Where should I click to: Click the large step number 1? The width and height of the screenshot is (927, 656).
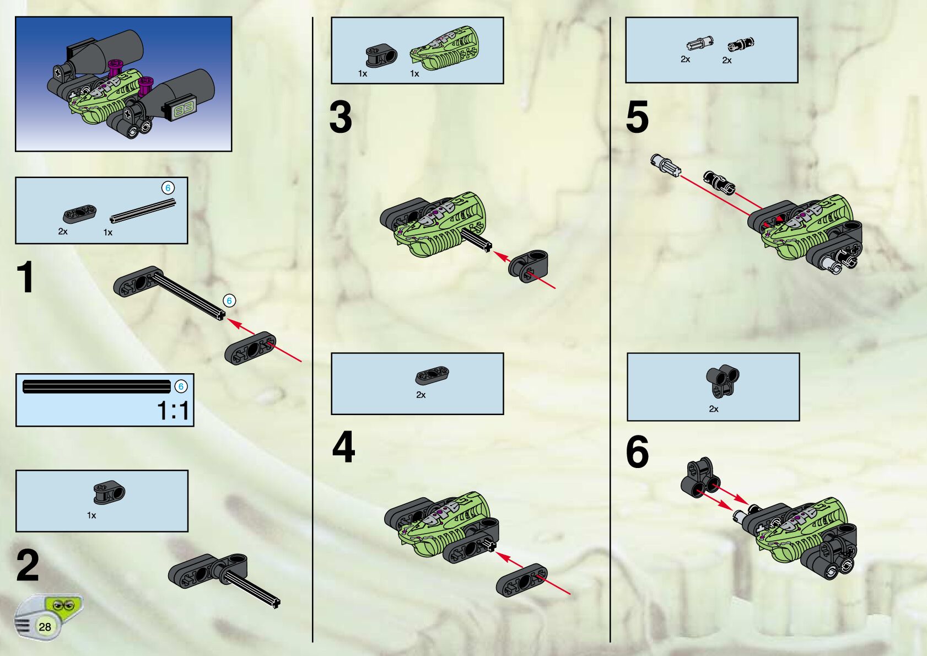(26, 277)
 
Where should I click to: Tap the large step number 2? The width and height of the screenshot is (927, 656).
(28, 565)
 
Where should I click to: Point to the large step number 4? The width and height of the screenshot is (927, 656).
(343, 447)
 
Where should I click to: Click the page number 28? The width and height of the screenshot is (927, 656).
(45, 627)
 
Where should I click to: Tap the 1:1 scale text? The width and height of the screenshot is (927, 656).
(173, 411)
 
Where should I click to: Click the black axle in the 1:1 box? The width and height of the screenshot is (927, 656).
(97, 386)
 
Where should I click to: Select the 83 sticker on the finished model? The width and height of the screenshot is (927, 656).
(184, 110)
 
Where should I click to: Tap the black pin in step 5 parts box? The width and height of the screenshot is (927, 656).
(741, 44)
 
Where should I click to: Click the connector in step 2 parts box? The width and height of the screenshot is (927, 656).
(109, 492)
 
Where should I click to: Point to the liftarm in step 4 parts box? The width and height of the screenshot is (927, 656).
(433, 375)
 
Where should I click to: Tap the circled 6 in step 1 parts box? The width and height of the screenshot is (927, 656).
(168, 188)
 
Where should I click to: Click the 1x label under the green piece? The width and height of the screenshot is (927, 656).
(414, 74)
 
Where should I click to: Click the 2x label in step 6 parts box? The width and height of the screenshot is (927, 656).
(714, 409)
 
